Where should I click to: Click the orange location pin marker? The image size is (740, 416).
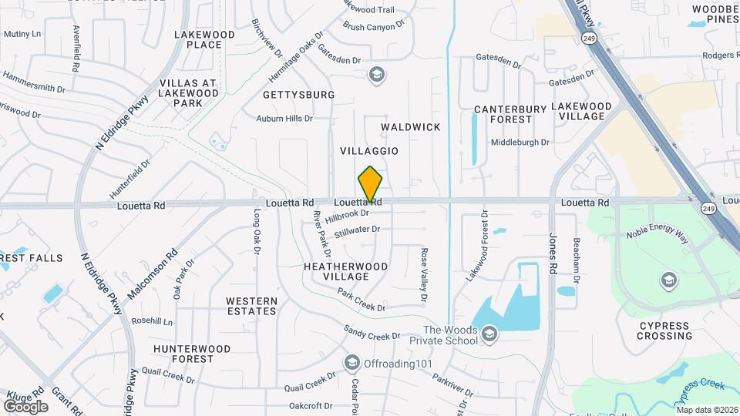(x=370, y=185)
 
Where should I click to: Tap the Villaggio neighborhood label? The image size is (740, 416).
(x=369, y=151)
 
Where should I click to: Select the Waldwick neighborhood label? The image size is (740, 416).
(x=411, y=126)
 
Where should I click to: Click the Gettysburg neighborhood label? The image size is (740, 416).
(x=298, y=95)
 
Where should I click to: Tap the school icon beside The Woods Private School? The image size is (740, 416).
(x=489, y=334)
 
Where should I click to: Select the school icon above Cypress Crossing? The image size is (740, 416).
(x=668, y=279)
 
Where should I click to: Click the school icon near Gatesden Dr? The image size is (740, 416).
(x=377, y=75)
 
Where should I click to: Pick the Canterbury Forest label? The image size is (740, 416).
(x=510, y=114)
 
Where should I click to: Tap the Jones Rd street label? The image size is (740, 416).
(x=553, y=254)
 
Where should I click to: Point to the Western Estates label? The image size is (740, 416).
(x=251, y=306)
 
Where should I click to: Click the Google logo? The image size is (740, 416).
(x=25, y=406)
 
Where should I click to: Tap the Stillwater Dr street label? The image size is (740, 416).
(x=357, y=230)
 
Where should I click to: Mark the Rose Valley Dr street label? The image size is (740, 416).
(x=423, y=274)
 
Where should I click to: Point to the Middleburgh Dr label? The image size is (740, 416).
(x=520, y=143)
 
